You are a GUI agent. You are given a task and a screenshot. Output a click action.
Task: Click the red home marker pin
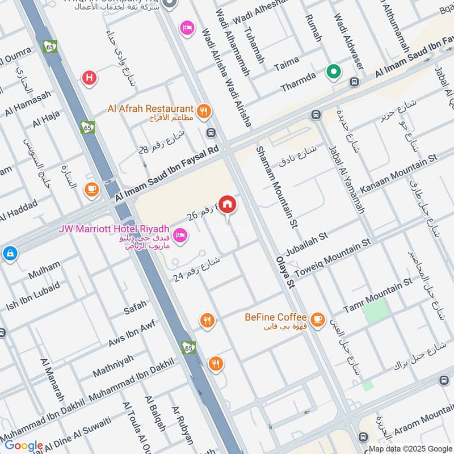(228, 204)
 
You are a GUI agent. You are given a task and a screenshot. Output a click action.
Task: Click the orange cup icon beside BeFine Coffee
(318, 318)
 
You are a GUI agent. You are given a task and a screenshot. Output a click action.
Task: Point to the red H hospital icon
(89, 77)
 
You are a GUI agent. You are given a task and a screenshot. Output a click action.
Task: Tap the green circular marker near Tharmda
(334, 72)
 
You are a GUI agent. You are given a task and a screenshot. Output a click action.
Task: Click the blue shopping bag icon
(10, 253)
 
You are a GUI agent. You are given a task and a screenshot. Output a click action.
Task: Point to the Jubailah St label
(307, 237)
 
